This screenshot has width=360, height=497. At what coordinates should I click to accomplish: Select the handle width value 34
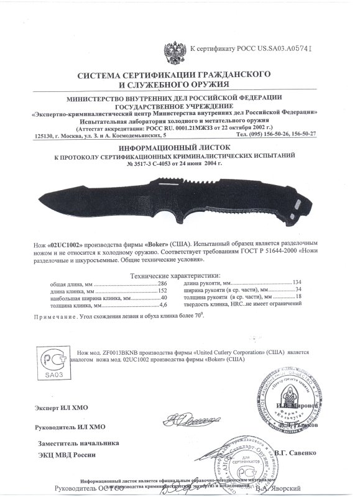pos(304,290)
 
